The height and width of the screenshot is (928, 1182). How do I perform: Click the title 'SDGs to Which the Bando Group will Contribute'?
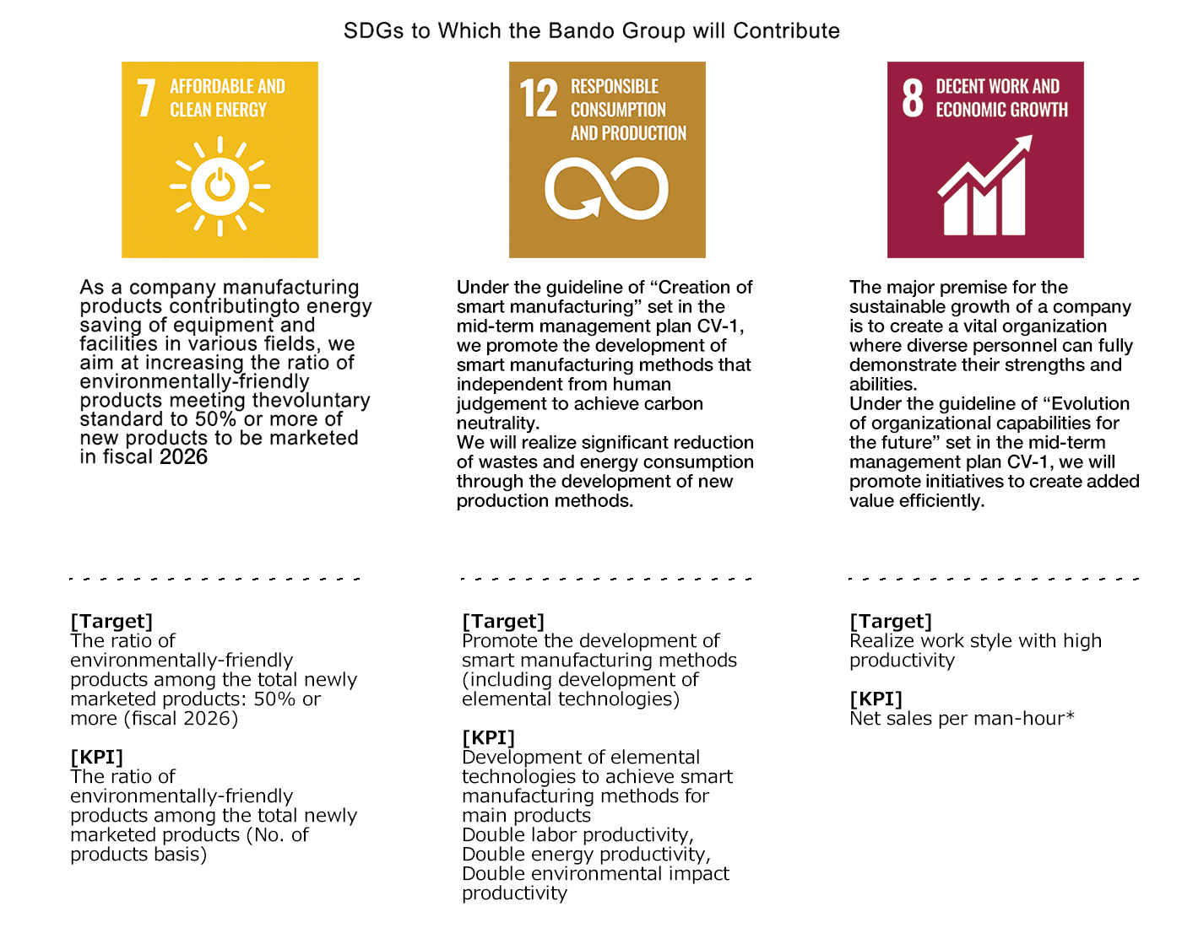coord(591,31)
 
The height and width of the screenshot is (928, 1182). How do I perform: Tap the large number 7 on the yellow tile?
coord(146,98)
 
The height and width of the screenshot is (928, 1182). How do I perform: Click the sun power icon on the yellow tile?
coord(220,186)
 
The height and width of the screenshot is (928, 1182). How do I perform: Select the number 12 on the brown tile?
coord(539,98)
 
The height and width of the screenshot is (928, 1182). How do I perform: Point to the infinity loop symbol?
coord(606,188)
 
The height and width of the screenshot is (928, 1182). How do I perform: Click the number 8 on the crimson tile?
coord(913,98)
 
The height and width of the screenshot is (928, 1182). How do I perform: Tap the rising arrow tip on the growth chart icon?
coord(1028,139)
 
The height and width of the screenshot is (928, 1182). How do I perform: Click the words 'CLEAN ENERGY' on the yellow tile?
coord(218,110)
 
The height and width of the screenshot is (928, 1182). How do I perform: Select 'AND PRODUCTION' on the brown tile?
coord(628,133)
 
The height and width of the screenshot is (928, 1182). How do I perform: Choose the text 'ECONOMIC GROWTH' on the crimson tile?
coord(1001,110)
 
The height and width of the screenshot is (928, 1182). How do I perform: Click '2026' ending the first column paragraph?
coord(183,457)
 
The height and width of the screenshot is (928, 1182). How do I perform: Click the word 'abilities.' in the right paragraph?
coord(883,384)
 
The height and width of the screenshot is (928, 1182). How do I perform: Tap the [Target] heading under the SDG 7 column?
coord(111,621)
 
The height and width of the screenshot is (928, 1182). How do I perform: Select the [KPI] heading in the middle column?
coord(488,737)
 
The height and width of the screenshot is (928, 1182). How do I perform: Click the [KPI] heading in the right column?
coord(876,699)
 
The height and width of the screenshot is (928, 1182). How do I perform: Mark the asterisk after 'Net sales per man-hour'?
coord(1070,715)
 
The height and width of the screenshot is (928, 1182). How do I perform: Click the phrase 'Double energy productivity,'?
coord(586,854)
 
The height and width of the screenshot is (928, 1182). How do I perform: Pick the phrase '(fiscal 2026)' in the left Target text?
coord(182,718)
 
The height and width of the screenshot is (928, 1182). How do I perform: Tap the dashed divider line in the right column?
coord(993,579)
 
